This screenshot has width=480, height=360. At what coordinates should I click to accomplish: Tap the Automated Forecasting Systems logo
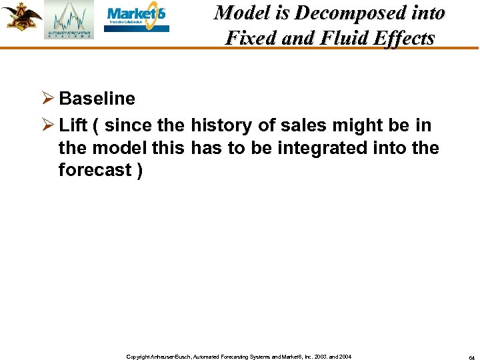(69, 20)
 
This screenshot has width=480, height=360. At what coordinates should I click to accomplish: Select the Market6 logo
(137, 19)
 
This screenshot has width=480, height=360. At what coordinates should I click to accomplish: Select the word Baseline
(97, 99)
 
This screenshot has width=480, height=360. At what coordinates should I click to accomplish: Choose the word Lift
(73, 125)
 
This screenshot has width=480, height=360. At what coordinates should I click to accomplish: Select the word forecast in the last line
(94, 170)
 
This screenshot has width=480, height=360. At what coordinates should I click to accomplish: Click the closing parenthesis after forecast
(139, 170)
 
